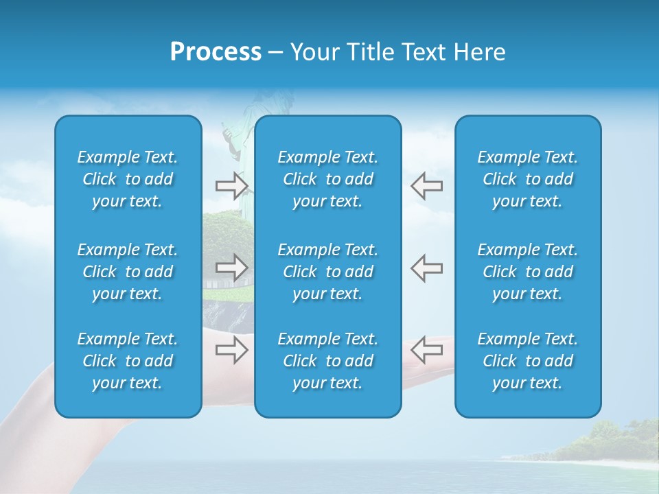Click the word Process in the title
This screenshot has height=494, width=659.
point(216,52)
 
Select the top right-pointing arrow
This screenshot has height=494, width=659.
point(232,185)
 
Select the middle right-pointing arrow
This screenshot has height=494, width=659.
point(232,267)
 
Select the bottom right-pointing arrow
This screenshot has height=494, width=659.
point(232,350)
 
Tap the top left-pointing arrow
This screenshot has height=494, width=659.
point(426,185)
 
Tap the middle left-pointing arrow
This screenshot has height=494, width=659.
point(426,267)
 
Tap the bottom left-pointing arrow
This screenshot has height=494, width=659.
point(426,350)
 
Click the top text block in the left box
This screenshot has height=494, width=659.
point(128,179)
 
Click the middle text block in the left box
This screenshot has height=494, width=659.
point(128,272)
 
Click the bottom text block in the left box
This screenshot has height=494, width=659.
point(128,361)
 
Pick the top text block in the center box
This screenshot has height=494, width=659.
point(328,179)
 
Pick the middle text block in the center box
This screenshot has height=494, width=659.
point(328,272)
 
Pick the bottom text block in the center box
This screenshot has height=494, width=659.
point(328,361)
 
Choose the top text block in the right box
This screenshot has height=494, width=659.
point(528,179)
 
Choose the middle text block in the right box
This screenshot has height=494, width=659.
point(528,272)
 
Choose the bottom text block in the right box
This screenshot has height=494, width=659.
point(528,361)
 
